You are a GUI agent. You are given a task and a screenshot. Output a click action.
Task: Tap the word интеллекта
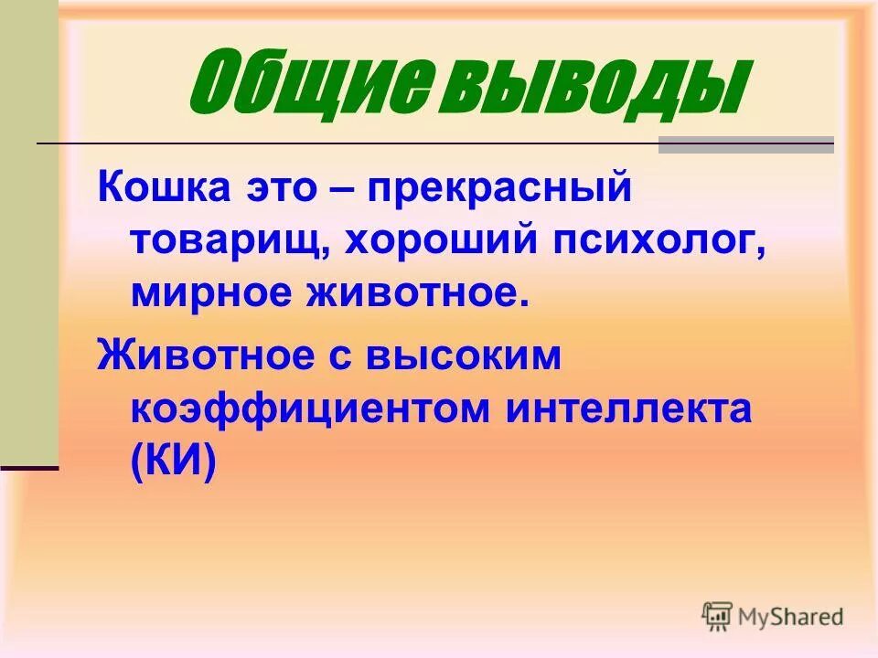pos(627,409)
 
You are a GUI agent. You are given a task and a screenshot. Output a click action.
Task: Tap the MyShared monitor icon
pos(718,617)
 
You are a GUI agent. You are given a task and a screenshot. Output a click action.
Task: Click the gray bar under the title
pos(746,144)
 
